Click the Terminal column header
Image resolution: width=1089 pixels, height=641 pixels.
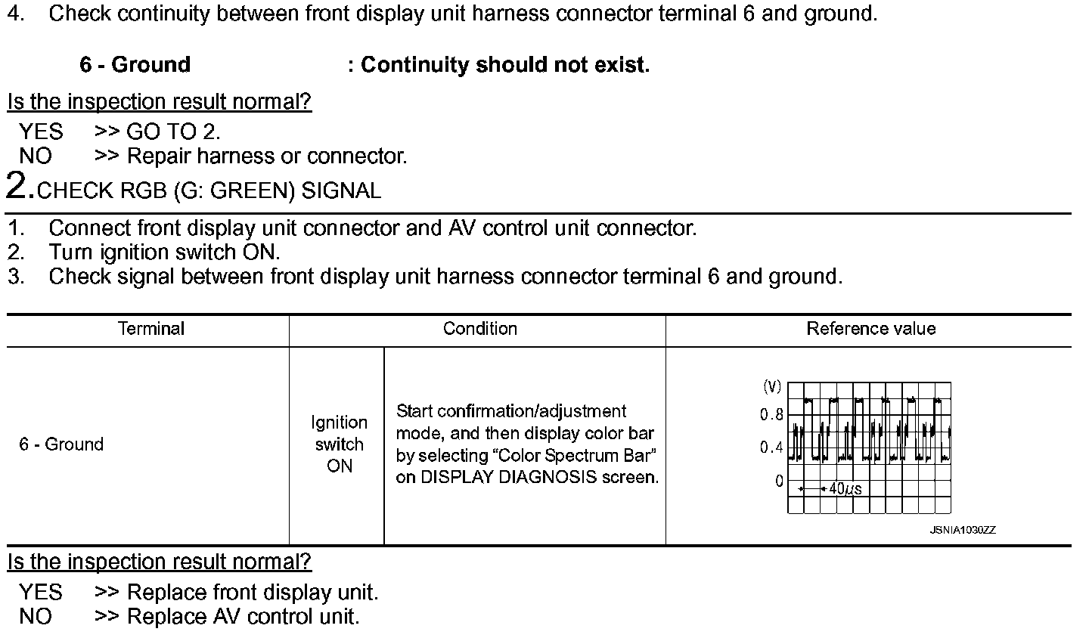151,329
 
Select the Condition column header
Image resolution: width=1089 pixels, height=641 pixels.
479,329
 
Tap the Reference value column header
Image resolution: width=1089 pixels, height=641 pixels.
870,329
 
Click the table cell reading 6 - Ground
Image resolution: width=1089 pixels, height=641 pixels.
61,444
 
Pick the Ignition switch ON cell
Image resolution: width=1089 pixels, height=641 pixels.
339,444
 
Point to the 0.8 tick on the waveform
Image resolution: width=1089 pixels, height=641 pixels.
771,415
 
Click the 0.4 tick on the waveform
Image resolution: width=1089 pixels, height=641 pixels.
771,448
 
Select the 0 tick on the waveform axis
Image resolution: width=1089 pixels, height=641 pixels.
779,481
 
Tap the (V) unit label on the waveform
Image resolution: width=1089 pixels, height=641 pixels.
771,387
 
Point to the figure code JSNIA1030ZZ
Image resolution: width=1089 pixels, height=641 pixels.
962,531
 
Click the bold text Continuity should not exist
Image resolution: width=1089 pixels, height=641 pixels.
504,65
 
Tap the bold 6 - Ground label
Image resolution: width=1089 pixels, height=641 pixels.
135,65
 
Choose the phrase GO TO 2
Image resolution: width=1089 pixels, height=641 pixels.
173,132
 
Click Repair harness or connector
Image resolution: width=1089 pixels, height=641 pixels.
267,156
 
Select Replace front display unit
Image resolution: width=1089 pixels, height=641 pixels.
253,593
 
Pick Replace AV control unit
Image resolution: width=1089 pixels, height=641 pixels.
243,617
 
